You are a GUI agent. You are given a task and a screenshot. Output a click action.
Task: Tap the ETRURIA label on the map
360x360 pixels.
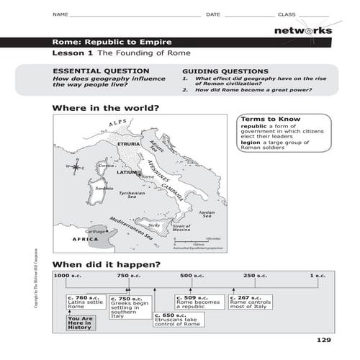[x=127, y=145]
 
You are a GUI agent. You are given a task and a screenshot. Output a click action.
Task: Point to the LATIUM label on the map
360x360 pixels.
[x=127, y=173]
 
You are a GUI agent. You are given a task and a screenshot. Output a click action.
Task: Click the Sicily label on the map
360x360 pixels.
[x=154, y=225]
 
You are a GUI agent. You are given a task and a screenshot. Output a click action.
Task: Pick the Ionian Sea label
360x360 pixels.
[x=207, y=214]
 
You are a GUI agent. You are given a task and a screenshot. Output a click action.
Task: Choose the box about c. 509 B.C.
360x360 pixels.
[x=198, y=302]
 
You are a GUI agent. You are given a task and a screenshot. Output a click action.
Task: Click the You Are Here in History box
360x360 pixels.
[x=81, y=323]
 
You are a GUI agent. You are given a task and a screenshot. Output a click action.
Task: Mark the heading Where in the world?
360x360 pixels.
[x=106, y=109]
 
